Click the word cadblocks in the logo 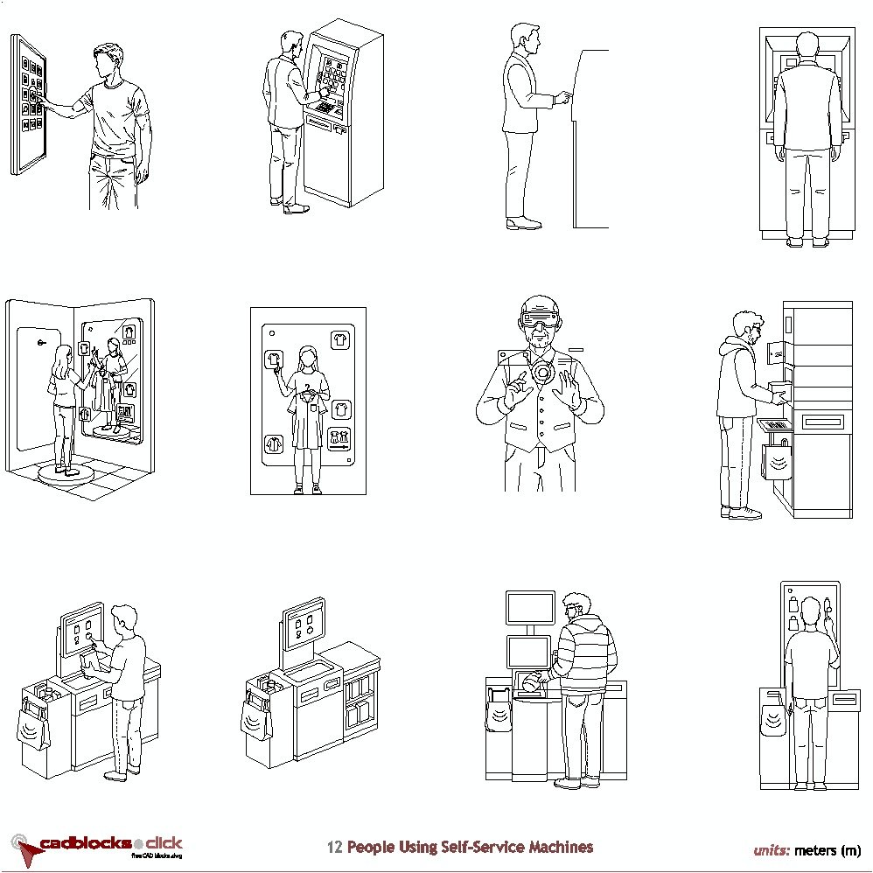85,844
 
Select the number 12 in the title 334,848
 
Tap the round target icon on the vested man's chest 541,373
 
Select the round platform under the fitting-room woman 67,473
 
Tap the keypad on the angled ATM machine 325,108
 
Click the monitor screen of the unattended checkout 304,627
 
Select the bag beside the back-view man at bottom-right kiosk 773,714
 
